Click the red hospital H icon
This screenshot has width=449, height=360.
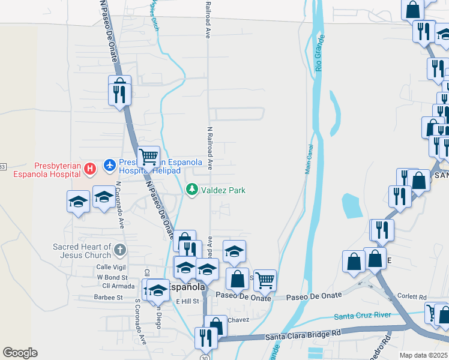(x=90, y=169)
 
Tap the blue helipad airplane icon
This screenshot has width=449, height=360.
(x=109, y=163)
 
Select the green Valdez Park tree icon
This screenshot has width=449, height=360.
(x=192, y=190)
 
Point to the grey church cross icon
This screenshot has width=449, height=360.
(x=119, y=250)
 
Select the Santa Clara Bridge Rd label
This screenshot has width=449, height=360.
(x=303, y=333)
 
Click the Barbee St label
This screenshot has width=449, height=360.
(x=109, y=297)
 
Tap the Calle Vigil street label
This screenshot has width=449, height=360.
(x=112, y=268)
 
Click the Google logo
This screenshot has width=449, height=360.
(x=20, y=353)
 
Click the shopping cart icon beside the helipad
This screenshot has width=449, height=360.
(x=148, y=157)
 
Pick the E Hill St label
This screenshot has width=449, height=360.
(x=187, y=301)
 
